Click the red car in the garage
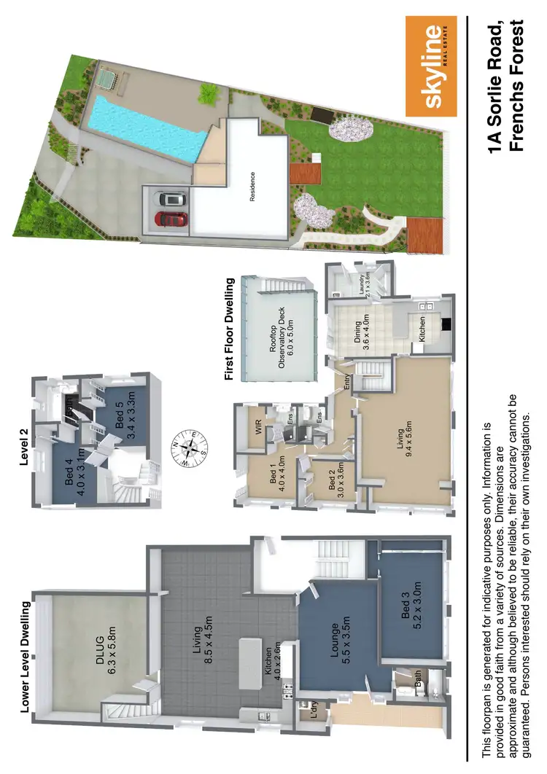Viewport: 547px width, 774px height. click(x=172, y=219)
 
